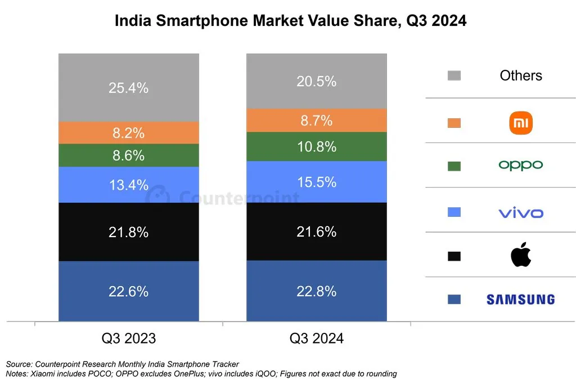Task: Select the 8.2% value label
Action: click(x=129, y=133)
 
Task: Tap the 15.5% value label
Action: click(x=317, y=182)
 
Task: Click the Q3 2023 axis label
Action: click(x=129, y=339)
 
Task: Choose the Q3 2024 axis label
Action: click(x=317, y=339)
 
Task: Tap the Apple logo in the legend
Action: click(x=520, y=255)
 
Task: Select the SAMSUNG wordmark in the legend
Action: click(x=520, y=300)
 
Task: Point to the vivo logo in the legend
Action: click(x=520, y=213)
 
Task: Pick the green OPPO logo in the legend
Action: click(x=520, y=165)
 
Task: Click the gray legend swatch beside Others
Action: click(x=454, y=75)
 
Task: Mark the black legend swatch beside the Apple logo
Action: click(x=454, y=256)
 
